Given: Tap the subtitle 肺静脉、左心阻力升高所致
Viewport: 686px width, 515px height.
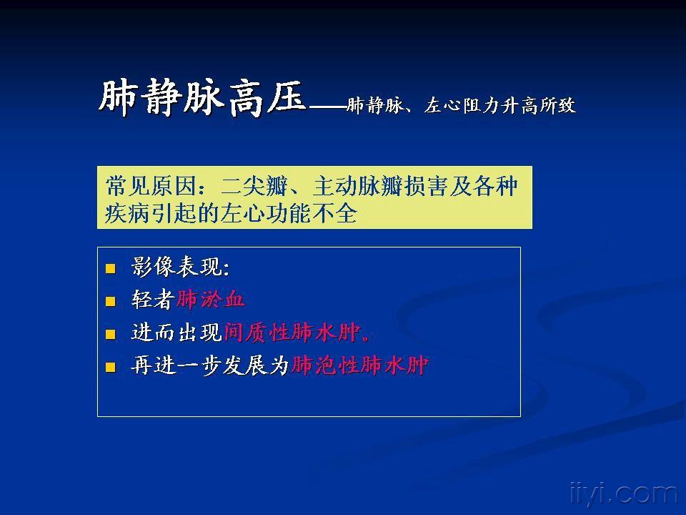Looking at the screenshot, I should click(x=461, y=107).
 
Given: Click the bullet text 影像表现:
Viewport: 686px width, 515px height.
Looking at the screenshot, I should click(x=181, y=268).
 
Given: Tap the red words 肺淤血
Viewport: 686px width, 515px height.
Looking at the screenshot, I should click(x=211, y=300).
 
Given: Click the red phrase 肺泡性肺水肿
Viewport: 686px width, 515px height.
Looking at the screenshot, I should click(x=359, y=366).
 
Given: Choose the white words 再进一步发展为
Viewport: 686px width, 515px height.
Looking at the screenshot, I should click(x=210, y=366).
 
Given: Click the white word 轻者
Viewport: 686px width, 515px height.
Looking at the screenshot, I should click(x=153, y=300).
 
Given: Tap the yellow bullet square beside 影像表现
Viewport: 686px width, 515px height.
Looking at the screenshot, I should click(x=110, y=269).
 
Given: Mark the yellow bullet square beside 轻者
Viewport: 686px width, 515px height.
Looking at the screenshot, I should click(x=110, y=301).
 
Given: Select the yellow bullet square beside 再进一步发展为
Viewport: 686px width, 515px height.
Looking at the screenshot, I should click(x=110, y=368).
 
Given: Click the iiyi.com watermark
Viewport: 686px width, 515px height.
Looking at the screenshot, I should click(x=622, y=494).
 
